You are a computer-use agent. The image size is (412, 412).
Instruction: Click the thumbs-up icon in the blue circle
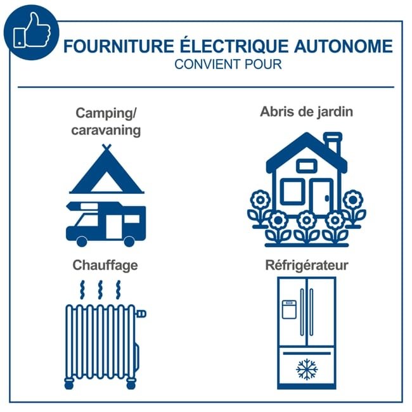32,31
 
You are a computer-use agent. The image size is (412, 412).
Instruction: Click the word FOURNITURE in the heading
119,46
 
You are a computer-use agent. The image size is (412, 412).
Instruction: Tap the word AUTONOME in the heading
344,46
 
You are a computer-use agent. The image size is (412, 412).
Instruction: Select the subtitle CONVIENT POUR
228,65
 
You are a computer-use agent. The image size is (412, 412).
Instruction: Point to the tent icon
106,169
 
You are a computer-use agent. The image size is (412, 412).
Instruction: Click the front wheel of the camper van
82,241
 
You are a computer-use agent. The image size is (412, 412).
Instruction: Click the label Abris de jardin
306,112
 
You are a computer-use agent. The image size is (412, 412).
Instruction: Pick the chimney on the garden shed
333,143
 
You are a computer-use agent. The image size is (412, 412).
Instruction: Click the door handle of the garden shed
327,198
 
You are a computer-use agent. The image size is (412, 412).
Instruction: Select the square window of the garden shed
292,192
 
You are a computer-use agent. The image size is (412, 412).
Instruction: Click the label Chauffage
105,266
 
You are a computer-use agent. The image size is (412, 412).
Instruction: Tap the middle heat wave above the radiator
100,290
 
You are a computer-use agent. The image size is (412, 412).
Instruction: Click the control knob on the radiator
141,314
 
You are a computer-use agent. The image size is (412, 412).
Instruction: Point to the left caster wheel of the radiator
69,384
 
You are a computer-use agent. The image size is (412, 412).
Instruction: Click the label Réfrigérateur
307,265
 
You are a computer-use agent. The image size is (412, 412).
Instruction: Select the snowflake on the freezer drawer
307,369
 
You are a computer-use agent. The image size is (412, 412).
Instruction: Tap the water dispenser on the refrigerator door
289,309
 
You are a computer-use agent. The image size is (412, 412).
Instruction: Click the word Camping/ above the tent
106,113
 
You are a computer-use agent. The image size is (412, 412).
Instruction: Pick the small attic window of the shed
307,166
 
